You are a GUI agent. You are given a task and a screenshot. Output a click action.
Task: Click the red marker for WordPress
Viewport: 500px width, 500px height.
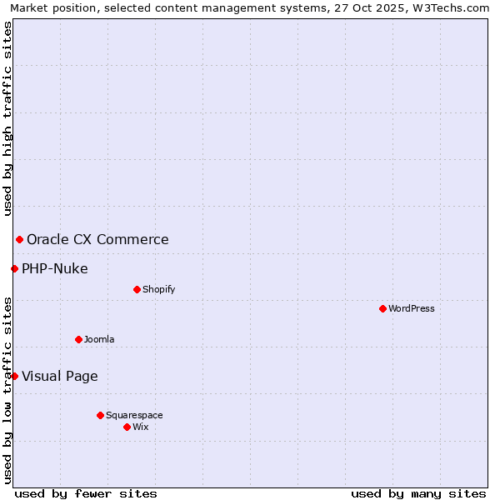(x=382, y=308)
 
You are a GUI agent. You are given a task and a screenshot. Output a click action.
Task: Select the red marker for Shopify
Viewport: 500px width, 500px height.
(x=137, y=289)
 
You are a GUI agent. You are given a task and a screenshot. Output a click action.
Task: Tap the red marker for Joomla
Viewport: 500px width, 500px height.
(x=78, y=339)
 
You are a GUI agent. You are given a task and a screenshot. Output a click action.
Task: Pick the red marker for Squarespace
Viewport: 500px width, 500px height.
(x=100, y=415)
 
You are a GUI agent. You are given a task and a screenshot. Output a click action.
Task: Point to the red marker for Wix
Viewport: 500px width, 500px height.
(x=127, y=427)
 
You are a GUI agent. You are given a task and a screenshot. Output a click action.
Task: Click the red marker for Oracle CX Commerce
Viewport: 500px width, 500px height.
(x=19, y=239)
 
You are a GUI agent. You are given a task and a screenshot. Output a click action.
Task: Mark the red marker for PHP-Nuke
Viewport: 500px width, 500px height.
(x=14, y=268)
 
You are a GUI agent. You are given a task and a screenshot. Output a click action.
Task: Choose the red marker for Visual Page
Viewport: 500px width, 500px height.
(x=14, y=376)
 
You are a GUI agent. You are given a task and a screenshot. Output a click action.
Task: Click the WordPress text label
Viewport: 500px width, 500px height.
(x=412, y=308)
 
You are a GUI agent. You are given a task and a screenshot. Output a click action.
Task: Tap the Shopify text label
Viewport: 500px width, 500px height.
(x=159, y=289)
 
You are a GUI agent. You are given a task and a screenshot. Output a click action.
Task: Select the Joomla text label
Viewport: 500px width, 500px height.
(x=99, y=339)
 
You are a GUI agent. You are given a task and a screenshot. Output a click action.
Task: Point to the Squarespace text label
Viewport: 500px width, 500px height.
(x=134, y=415)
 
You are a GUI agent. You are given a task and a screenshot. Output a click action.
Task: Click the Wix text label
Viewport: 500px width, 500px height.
(x=141, y=427)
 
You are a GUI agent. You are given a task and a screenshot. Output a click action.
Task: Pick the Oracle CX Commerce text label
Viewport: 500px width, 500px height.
(x=97, y=240)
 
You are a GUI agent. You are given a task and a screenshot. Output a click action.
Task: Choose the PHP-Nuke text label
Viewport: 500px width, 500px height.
(x=55, y=268)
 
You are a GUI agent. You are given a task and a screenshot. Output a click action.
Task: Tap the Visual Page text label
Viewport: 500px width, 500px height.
(x=60, y=376)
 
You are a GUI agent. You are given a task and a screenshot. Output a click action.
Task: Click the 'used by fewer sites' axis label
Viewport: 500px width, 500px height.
(x=86, y=493)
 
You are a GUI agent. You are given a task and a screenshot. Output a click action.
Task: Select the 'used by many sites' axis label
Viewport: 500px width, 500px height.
(x=418, y=493)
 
